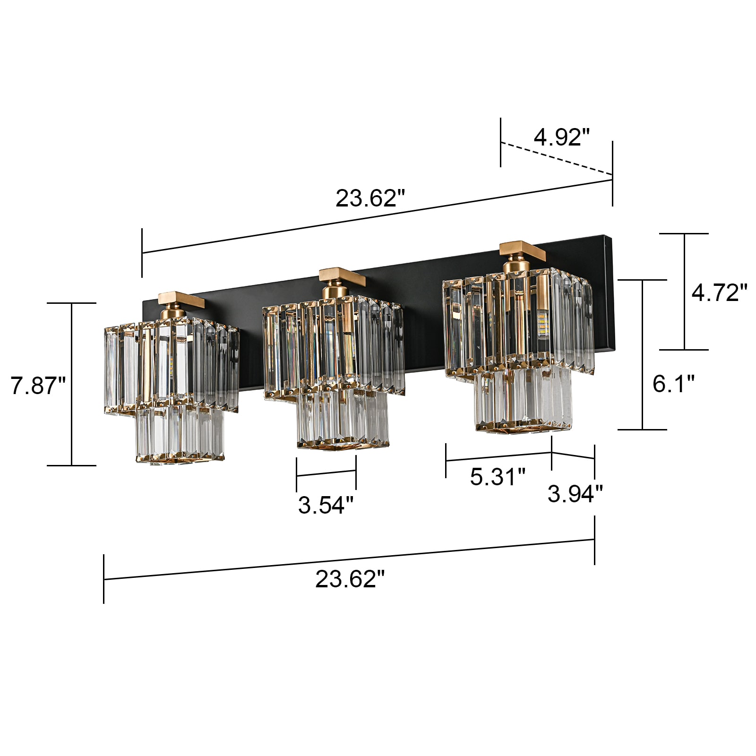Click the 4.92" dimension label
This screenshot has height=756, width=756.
click(562, 137)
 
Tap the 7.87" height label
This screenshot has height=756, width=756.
click(38, 386)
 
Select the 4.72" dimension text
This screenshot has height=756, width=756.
click(719, 292)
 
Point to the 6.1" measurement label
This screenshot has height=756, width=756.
click(673, 383)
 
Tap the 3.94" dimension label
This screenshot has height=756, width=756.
click(575, 494)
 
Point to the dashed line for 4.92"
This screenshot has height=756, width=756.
click(557, 159)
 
